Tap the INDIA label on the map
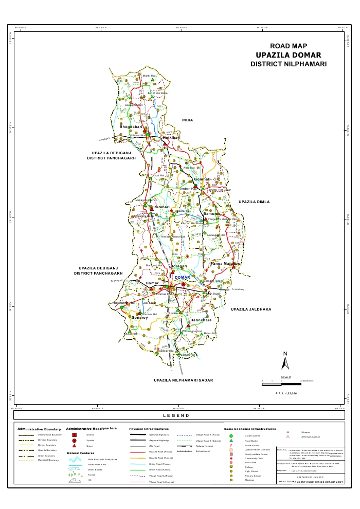(187, 120)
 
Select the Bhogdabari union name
(131, 126)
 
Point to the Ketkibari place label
(170, 138)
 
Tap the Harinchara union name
(201, 320)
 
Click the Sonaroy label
(139, 318)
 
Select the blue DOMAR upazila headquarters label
(183, 278)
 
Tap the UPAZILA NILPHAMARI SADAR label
(183, 380)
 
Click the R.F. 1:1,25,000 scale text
(286, 393)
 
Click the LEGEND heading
(176, 415)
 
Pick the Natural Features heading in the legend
(81, 453)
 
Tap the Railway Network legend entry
(201, 446)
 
